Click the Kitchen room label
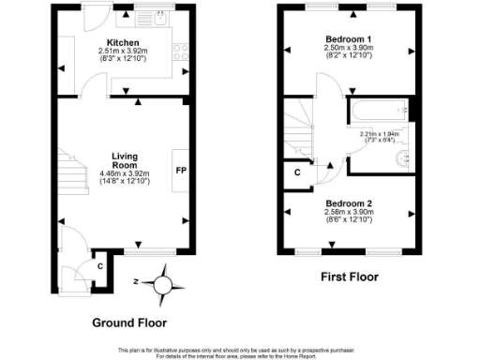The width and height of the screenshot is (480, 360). pyautogui.click(x=123, y=42)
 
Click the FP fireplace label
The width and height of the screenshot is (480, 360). pyautogui.click(x=179, y=172)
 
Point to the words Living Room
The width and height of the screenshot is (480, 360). pyautogui.click(x=125, y=161)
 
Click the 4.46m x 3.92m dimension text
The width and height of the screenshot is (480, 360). pyautogui.click(x=125, y=172)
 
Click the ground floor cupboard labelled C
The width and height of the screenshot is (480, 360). pyautogui.click(x=99, y=265)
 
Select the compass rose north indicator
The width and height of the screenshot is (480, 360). pyautogui.click(x=165, y=281)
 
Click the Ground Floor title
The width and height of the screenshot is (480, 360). pyautogui.click(x=128, y=322)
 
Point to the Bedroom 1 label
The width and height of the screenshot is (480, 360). pyautogui.click(x=349, y=38)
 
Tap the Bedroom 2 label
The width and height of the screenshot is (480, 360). pyautogui.click(x=349, y=203)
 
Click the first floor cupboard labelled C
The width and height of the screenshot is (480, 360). pyautogui.click(x=297, y=172)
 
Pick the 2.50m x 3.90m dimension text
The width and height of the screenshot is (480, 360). pyautogui.click(x=349, y=48)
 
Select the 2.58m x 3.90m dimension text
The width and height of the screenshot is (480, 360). pyautogui.click(x=349, y=213)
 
